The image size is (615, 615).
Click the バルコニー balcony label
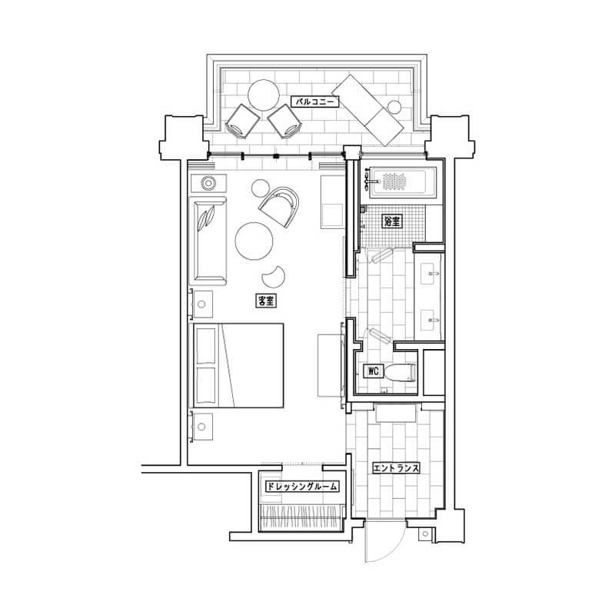[314, 102]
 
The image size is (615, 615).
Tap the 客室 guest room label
[266, 301]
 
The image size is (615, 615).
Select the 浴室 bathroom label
[392, 221]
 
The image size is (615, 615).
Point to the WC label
[373, 371]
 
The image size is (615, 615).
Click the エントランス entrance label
[396, 468]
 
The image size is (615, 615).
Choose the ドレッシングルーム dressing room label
[302, 487]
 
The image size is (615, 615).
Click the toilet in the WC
[399, 373]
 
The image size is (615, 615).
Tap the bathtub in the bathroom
[404, 181]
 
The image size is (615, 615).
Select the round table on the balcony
[264, 95]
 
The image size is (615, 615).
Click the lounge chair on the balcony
[367, 110]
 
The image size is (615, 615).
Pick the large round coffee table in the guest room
[254, 241]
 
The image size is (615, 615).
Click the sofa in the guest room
[208, 241]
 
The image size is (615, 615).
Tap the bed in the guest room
[237, 366]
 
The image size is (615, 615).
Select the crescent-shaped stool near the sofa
[274, 277]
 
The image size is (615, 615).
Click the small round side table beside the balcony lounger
[394, 107]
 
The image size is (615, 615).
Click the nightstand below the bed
[201, 427]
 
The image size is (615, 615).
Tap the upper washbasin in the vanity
[431, 274]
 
